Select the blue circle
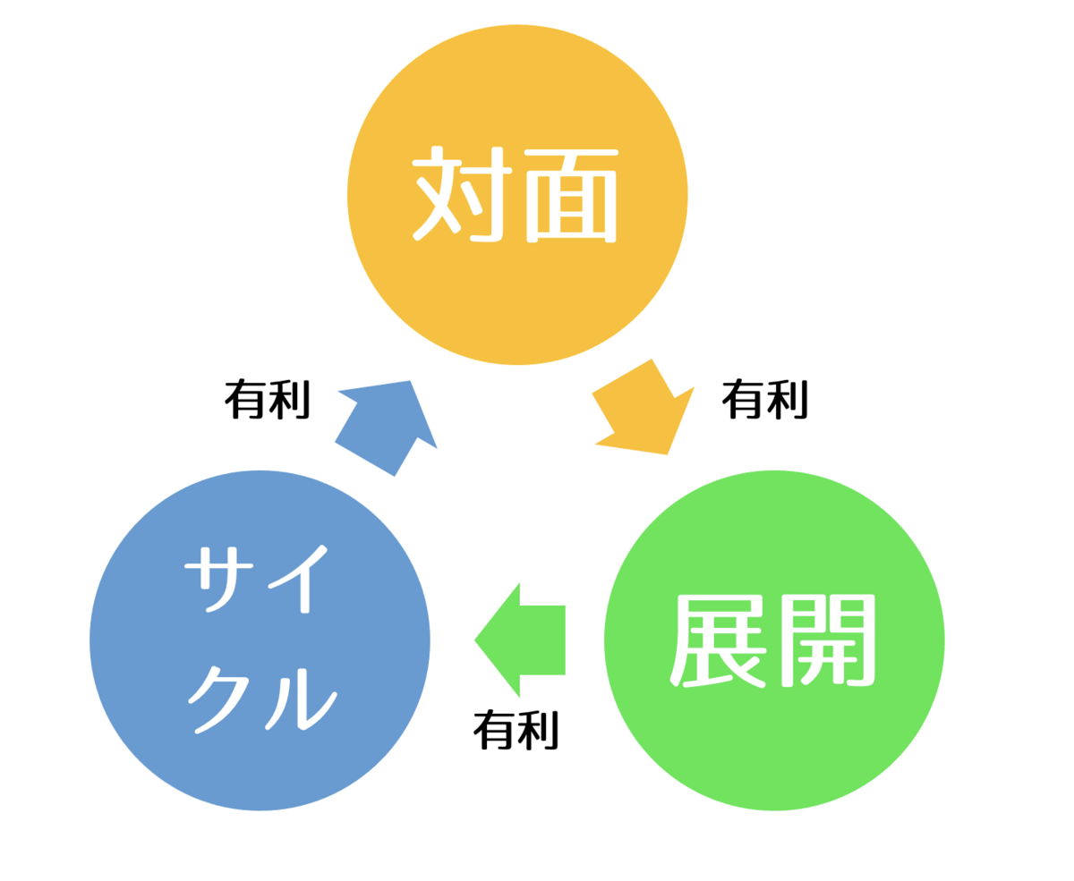pos(260,640)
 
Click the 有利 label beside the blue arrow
pos(267,398)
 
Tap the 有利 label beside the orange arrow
pos(765,398)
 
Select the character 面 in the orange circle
pos(571,195)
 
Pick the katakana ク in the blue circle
pos(217,698)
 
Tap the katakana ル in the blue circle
pos(300,698)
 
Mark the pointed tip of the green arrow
pos(476,640)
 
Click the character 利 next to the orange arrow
pos(789,398)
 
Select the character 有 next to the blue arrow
pos(243,398)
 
